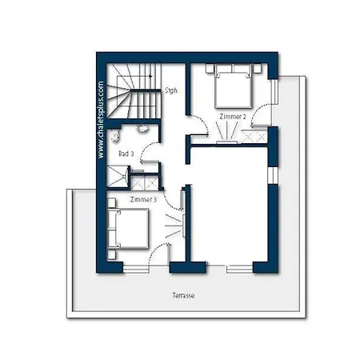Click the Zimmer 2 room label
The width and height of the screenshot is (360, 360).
point(233,117)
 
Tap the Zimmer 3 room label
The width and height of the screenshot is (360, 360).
point(143,199)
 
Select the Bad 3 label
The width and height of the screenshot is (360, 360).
point(126,154)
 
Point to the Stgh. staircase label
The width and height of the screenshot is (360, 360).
point(171,90)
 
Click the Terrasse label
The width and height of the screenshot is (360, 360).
point(183,295)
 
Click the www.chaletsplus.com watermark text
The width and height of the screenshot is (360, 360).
point(101,120)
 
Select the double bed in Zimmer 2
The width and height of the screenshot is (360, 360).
point(234,86)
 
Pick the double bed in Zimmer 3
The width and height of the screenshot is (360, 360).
point(128,229)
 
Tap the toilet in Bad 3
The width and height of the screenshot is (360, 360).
point(115,136)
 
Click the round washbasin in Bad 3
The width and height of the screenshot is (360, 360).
point(142,128)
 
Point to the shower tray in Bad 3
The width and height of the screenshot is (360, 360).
point(118,176)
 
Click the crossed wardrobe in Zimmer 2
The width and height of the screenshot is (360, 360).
point(254,136)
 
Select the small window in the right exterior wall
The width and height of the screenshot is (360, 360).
point(273,176)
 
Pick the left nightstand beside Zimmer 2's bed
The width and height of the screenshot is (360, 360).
point(210,68)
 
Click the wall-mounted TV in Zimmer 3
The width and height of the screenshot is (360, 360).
point(184,226)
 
